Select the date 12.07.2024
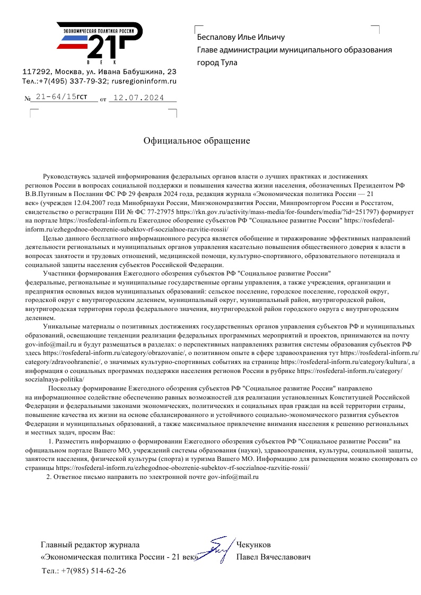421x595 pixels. pos(139,98)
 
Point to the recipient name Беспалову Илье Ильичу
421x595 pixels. pos(241,37)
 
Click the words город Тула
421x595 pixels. pos(217,63)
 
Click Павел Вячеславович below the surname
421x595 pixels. pos(273,557)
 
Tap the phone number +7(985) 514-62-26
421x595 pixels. pos(93,571)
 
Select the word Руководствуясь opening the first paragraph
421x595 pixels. pos(68,175)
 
